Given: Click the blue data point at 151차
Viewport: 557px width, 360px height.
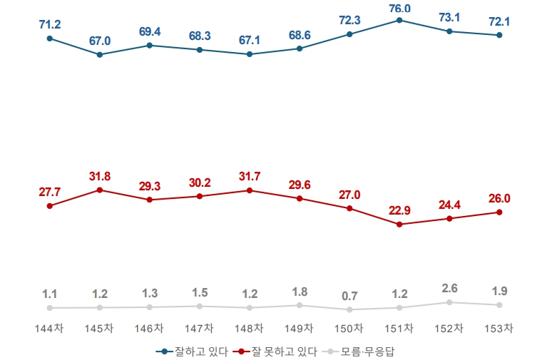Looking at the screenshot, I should pos(399,20).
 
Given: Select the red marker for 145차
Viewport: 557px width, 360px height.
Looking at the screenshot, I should pos(100,190).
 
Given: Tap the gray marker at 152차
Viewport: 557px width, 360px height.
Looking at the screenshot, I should pos(449,302).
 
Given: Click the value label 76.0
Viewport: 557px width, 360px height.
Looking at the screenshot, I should pos(399,8).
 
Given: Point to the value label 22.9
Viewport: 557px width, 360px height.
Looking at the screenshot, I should pos(399,211).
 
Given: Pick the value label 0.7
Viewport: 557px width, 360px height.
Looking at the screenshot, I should pos(349,296).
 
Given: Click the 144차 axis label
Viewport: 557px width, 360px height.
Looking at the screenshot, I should pos(49,328).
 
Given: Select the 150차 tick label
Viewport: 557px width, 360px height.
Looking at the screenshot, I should pos(349,328).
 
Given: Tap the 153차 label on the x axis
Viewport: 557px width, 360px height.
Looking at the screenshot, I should pos(499,328).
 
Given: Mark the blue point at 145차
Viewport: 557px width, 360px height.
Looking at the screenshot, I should pos(100,54).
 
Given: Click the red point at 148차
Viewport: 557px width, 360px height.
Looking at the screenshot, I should pos(250,190).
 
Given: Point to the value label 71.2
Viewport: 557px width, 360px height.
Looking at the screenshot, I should pos(50,25).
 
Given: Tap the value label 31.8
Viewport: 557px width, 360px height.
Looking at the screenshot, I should pos(100,177).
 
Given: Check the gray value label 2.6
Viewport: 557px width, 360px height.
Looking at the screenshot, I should pos(449,289).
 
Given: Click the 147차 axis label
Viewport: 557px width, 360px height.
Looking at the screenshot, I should pos(200,328).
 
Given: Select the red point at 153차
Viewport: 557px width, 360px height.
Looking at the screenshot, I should pos(499,212).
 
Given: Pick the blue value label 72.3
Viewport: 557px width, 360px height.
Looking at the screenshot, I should pos(349,21).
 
